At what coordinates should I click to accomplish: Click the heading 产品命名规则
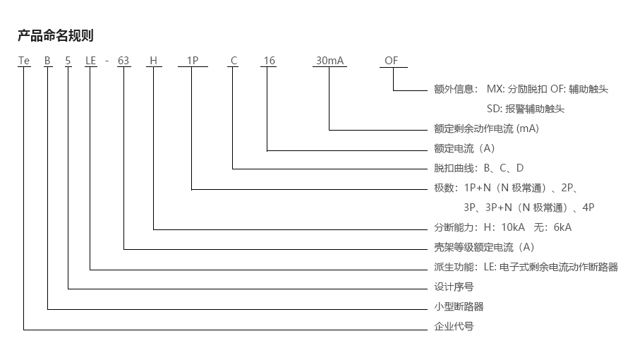(x=56, y=36)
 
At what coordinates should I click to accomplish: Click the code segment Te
(x=24, y=61)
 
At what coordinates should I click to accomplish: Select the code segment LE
(x=90, y=61)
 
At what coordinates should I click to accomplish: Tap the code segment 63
(x=123, y=61)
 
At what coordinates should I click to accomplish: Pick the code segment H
(x=153, y=61)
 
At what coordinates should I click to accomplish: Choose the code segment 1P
(x=192, y=61)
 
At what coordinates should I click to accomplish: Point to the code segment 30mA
(x=329, y=61)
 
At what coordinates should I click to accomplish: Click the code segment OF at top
(x=392, y=61)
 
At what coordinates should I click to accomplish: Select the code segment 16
(x=268, y=61)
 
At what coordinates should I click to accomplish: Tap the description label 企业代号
(x=454, y=327)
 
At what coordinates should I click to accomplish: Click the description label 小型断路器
(x=459, y=307)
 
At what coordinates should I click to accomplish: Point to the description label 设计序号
(x=454, y=287)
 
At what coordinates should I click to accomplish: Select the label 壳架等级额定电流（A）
(x=484, y=248)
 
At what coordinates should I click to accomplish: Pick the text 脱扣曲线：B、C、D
(x=479, y=169)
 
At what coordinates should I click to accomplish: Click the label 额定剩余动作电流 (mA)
(x=487, y=129)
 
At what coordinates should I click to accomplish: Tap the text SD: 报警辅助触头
(x=526, y=109)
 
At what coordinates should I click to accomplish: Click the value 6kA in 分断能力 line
(x=562, y=228)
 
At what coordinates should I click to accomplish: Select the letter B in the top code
(x=47, y=61)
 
